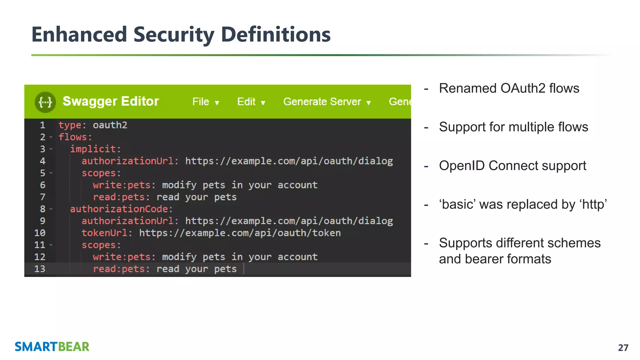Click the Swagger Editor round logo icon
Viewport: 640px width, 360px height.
(45, 102)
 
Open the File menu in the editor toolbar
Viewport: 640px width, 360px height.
(205, 102)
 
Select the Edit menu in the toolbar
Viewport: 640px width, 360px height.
(251, 102)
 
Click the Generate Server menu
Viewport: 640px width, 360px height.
(327, 102)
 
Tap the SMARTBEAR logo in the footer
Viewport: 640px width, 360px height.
(52, 347)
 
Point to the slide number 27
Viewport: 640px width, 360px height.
(623, 347)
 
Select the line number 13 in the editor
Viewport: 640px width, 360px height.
(40, 269)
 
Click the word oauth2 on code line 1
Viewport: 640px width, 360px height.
(110, 125)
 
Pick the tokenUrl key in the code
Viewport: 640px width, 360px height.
(105, 233)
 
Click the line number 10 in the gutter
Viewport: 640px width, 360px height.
(40, 233)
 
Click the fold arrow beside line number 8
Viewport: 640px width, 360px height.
(51, 209)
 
